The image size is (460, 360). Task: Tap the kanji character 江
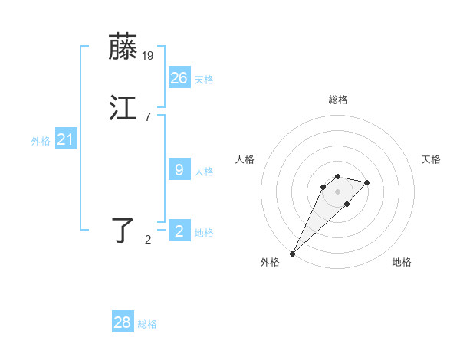[x=123, y=108]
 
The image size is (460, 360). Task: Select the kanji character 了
[x=123, y=231]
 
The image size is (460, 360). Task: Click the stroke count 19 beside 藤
[x=148, y=56]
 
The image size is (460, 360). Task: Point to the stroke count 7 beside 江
[x=147, y=117]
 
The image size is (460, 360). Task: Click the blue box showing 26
[x=179, y=77]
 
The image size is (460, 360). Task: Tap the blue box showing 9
[x=179, y=170]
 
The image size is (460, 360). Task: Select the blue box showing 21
[x=65, y=139]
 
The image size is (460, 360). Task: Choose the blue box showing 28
[x=122, y=322]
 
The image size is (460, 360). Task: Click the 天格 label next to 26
[x=204, y=80]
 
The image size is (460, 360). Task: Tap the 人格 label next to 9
[x=204, y=172]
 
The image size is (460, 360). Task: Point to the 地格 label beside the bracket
[x=204, y=233]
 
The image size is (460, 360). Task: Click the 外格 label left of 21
[x=41, y=141]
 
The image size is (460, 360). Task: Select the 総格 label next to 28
[x=147, y=325]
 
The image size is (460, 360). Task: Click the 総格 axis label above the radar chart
[x=337, y=100]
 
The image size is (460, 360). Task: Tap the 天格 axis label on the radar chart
[x=431, y=159]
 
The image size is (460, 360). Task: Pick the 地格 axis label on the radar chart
[x=402, y=262]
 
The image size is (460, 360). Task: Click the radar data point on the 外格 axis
[x=292, y=253]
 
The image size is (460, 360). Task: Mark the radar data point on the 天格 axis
[x=367, y=182]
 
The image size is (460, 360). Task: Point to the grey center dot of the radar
[x=337, y=191]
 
